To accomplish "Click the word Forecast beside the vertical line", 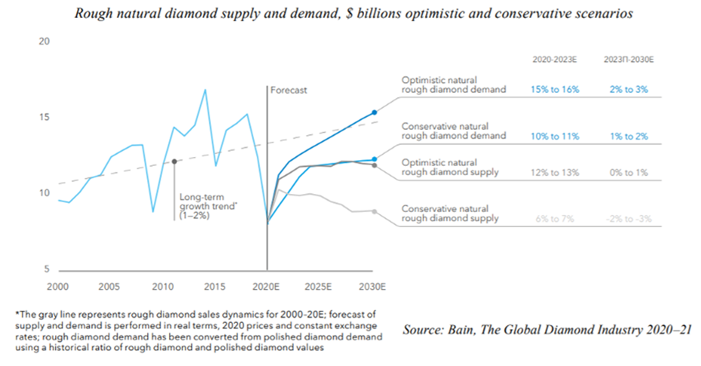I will [x=289, y=90].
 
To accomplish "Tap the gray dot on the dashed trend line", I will [x=175, y=161].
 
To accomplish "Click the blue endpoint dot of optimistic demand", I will [x=375, y=112].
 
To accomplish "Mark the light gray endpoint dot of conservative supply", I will [x=375, y=211].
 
